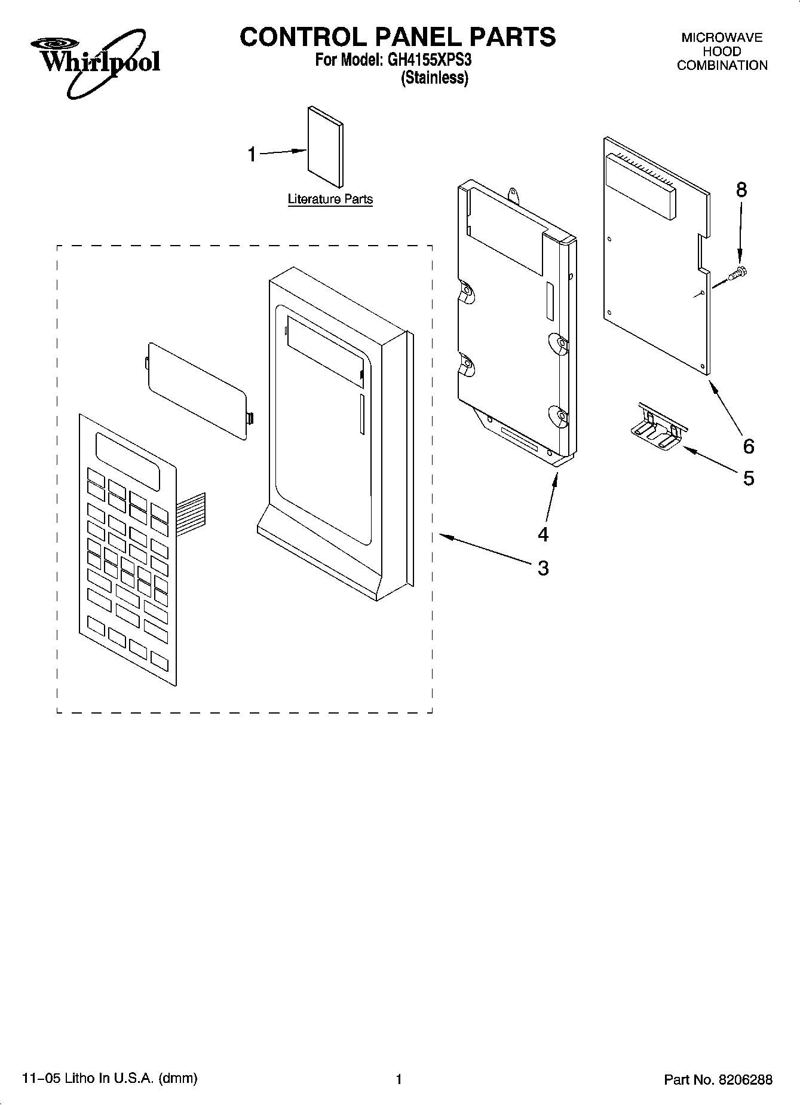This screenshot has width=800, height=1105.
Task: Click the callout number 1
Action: (x=252, y=155)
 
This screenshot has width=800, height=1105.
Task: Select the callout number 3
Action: (x=542, y=568)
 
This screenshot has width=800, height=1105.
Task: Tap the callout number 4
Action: (x=542, y=534)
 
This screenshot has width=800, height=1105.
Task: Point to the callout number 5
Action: (x=748, y=478)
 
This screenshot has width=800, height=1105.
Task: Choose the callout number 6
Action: (x=748, y=446)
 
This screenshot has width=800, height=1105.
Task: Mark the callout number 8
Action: (x=741, y=190)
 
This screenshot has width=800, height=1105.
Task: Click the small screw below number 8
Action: (x=739, y=274)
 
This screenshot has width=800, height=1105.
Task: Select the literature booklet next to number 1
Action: (x=326, y=146)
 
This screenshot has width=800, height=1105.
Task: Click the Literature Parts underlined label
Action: (x=330, y=199)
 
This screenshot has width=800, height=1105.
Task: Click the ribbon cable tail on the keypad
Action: (x=191, y=509)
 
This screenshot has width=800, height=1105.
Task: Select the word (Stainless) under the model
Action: (x=434, y=78)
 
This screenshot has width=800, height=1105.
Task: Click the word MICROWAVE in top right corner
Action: (x=722, y=38)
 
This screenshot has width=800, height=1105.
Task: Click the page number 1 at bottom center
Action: (x=399, y=1079)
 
